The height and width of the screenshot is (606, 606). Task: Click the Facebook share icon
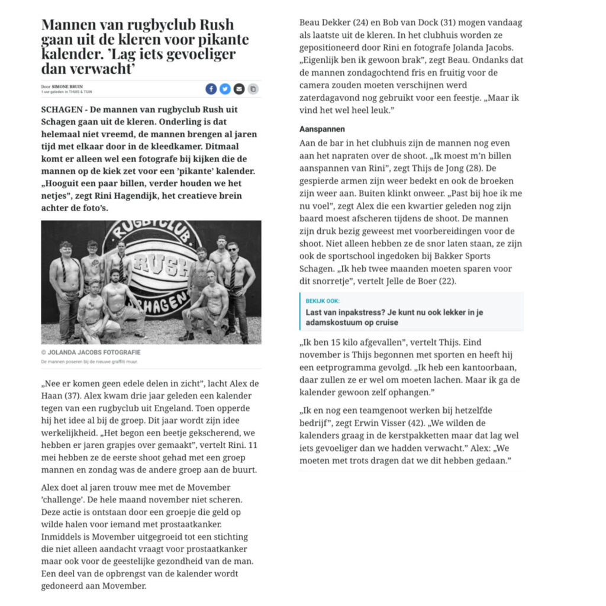point(211,89)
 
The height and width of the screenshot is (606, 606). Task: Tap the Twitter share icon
point(225,89)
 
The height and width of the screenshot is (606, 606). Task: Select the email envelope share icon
point(239,89)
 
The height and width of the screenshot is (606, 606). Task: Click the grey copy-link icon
point(253,89)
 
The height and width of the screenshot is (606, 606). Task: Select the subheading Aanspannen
point(322,129)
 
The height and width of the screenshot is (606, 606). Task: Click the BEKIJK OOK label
point(323,301)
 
